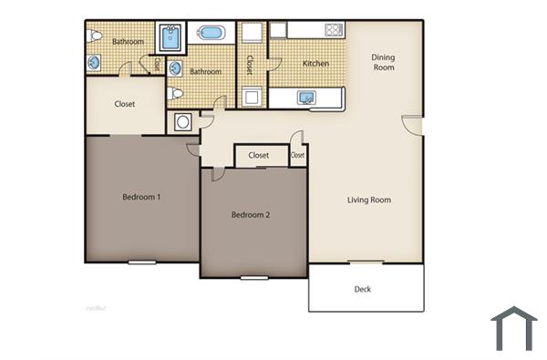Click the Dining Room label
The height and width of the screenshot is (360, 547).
383,63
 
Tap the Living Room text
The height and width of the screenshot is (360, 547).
369,201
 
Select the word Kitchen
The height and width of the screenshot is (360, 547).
315,64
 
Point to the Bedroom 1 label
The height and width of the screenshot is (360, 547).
141,197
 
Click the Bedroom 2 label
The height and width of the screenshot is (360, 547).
250,215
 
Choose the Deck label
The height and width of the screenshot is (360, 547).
362,290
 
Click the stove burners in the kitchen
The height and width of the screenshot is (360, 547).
334,30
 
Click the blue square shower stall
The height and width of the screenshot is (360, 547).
170,39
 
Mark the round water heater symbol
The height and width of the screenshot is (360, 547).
182,121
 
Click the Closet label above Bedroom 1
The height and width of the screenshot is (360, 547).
125,104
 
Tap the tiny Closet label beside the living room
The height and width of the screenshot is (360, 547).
297,156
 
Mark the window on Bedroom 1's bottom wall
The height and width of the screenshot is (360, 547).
141,262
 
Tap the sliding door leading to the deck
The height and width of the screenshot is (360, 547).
365,262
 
